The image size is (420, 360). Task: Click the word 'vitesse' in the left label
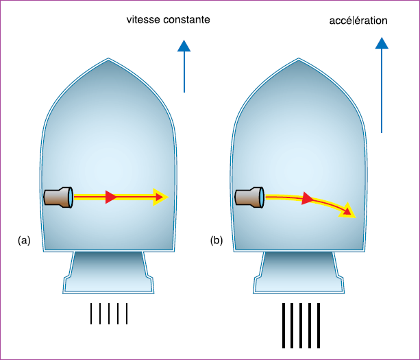(143, 20)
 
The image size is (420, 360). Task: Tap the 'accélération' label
(358, 21)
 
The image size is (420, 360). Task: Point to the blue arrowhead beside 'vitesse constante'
(184, 45)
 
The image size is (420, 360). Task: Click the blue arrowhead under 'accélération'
(382, 43)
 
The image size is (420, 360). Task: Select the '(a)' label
(24, 241)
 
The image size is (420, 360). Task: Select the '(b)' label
(217, 241)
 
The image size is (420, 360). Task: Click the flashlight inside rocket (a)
(58, 197)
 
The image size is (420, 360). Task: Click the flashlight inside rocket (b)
(249, 197)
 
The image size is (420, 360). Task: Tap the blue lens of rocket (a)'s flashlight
(71, 197)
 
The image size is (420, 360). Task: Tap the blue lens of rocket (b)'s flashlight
(262, 197)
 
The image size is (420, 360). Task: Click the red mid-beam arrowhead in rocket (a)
(111, 197)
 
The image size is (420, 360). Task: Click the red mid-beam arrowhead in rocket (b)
(308, 198)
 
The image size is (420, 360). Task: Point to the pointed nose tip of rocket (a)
(108, 58)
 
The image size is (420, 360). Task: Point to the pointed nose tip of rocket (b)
(299, 58)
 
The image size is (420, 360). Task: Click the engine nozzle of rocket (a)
(108, 272)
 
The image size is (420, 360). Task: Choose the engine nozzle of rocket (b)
(299, 272)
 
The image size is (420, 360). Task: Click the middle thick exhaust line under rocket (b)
(301, 326)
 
